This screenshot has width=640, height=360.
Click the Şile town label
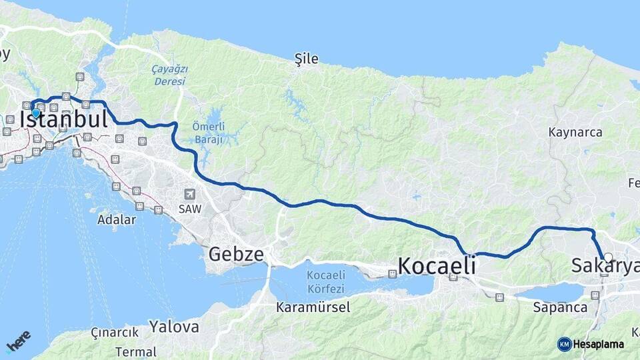click(x=307, y=59)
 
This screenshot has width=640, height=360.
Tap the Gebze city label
click(x=236, y=254)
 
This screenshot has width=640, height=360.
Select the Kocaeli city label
click(x=437, y=266)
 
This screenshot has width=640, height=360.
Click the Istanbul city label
click(x=64, y=119)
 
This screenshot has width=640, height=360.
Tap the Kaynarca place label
click(x=575, y=132)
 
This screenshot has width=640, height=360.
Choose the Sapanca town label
click(x=561, y=307)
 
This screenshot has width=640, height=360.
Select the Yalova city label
click(x=174, y=327)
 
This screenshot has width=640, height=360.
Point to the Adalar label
click(x=116, y=219)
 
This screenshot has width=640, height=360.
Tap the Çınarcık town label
click(x=115, y=332)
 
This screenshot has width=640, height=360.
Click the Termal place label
click(x=135, y=351)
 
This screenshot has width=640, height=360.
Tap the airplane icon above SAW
click(x=191, y=194)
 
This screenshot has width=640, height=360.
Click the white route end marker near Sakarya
click(x=608, y=257)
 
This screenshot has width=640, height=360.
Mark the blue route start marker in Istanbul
click(x=36, y=113)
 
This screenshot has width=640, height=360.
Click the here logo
click(x=18, y=342)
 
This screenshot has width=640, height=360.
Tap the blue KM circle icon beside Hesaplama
click(x=564, y=344)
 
